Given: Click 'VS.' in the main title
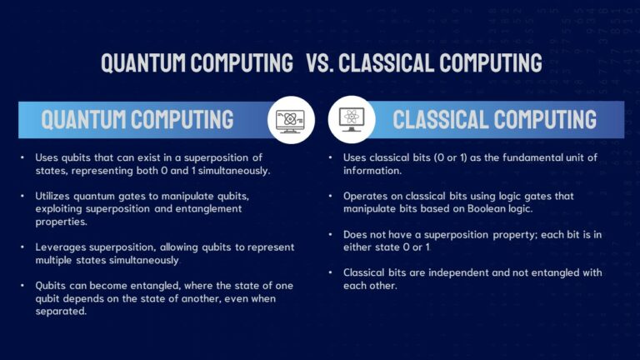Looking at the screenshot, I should point(321,62).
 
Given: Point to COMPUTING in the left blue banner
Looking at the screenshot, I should point(179,120).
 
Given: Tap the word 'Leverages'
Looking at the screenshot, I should point(60,247).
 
